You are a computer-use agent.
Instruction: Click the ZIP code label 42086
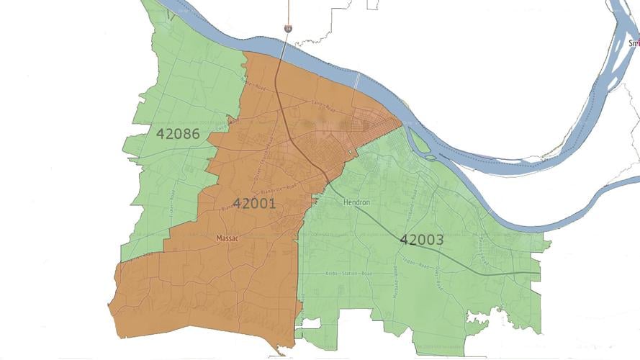pos(178,133)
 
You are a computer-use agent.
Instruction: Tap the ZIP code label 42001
pos(254,203)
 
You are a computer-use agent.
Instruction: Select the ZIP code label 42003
pos(421,240)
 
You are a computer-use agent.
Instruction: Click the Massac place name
pos(227,238)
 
